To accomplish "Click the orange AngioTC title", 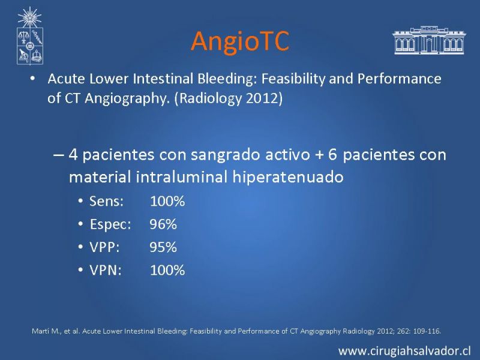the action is (240, 41).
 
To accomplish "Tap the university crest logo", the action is (29, 36).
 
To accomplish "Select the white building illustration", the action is (429, 40).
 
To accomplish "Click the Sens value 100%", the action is (167, 202).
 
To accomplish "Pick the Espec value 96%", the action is (163, 224).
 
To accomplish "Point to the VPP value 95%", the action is (163, 247).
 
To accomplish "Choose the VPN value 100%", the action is (167, 271).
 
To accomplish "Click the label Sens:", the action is (107, 202).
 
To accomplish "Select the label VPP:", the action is (104, 247).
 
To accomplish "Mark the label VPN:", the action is (106, 271).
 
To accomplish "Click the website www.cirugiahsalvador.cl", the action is (404, 351).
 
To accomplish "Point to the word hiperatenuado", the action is (288, 177).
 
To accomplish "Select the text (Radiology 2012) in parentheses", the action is (229, 99).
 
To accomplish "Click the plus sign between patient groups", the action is (319, 155).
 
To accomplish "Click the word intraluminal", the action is (182, 177).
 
